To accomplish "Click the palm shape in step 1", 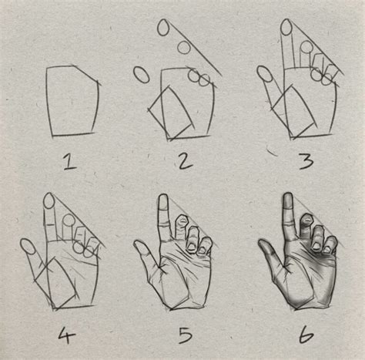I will tap(74, 101).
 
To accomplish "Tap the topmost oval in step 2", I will tap(163, 28).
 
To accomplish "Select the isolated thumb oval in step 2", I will tap(142, 75).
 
